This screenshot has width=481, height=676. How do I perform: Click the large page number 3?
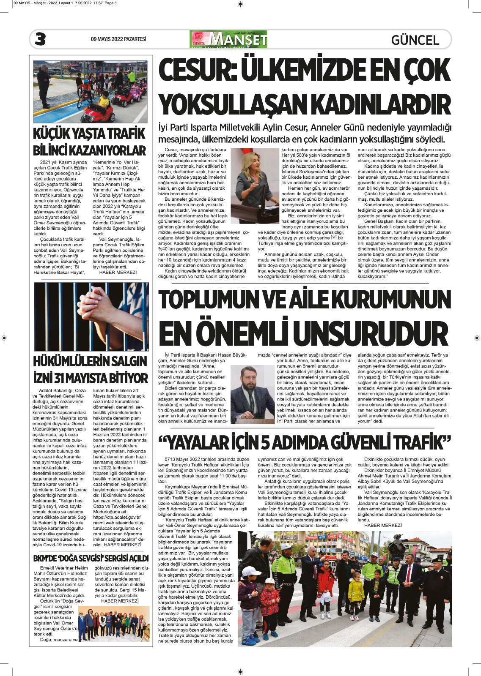pyautogui.click(x=41, y=39)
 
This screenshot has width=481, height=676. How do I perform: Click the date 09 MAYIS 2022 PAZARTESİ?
pyautogui.click(x=118, y=39)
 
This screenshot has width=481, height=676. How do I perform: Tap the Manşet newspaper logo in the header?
pyautogui.click(x=229, y=39)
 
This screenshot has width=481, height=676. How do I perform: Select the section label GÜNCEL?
pyautogui.click(x=415, y=40)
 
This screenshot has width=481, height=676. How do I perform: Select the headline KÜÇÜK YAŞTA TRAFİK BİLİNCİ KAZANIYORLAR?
pyautogui.click(x=90, y=142)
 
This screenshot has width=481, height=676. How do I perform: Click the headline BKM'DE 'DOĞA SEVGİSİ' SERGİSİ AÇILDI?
pyautogui.click(x=91, y=559)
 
